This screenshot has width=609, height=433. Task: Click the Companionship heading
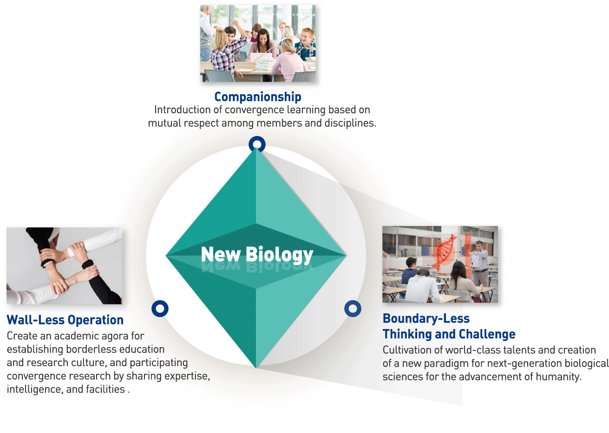coord(258,97)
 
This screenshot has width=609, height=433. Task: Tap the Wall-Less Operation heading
coord(65,320)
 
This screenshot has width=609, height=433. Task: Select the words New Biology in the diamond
coord(257,254)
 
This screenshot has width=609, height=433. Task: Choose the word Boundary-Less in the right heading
coord(426,318)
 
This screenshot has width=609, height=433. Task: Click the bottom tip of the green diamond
coord(256,368)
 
